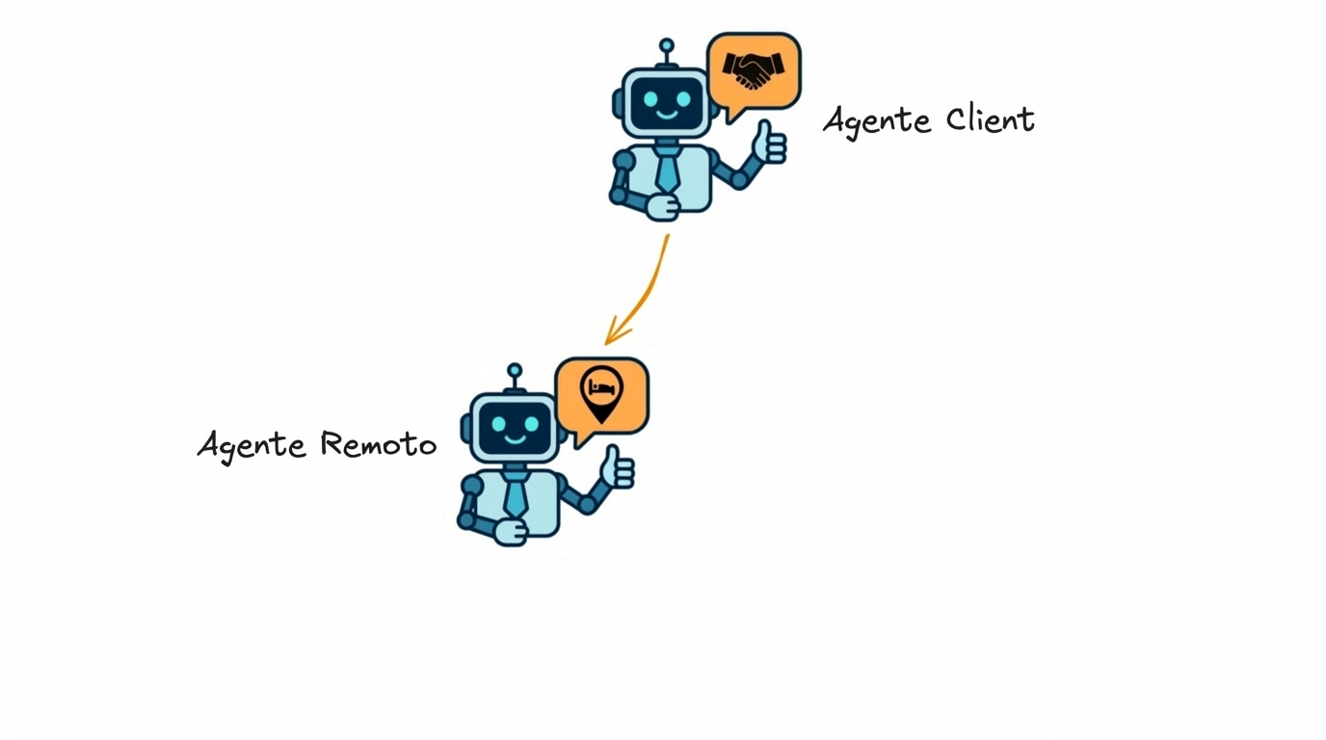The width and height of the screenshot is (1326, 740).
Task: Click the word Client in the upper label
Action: [x=990, y=119]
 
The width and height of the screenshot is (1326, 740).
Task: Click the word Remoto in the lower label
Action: [x=378, y=444]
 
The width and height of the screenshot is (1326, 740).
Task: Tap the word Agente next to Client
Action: [x=877, y=122]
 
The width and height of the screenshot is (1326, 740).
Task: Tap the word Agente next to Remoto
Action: [x=252, y=446]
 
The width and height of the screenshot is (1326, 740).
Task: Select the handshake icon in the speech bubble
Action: [x=755, y=70]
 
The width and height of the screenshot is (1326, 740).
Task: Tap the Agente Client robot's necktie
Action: [x=667, y=171]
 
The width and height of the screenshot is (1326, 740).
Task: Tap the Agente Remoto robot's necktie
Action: [x=516, y=495]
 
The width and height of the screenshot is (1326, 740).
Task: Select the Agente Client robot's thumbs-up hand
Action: [x=769, y=144]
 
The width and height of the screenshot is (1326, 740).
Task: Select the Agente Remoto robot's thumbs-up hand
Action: [x=618, y=468]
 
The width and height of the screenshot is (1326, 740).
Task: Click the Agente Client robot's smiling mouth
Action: [x=667, y=114]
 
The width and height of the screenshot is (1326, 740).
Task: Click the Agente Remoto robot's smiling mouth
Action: [x=516, y=438]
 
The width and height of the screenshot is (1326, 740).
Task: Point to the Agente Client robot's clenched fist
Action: [x=662, y=206]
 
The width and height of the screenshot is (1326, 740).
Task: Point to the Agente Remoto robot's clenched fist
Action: [x=511, y=531]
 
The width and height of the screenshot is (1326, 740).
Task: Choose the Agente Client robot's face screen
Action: [x=667, y=102]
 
